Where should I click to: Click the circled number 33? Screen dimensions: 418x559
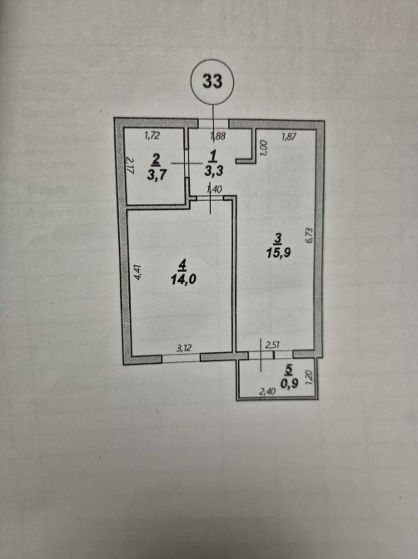pyautogui.click(x=212, y=81)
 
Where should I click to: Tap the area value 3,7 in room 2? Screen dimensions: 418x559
pyautogui.click(x=157, y=175)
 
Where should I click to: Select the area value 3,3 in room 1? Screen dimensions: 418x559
pyautogui.click(x=214, y=170)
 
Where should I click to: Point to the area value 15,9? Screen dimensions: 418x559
pyautogui.click(x=279, y=253)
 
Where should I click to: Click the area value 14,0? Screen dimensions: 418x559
pyautogui.click(x=183, y=279)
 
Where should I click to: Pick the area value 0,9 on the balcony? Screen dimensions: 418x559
pyautogui.click(x=289, y=383)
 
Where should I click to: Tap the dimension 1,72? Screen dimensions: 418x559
pyautogui.click(x=152, y=135)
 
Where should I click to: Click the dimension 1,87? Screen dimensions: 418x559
pyautogui.click(x=288, y=136)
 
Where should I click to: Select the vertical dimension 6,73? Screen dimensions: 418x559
pyautogui.click(x=309, y=235)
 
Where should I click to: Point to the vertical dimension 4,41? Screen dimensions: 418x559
pyautogui.click(x=138, y=271)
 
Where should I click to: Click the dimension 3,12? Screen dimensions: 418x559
pyautogui.click(x=184, y=348)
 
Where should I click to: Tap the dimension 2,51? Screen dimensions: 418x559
pyautogui.click(x=272, y=345)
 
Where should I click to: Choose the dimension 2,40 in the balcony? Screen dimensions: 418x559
pyautogui.click(x=267, y=392)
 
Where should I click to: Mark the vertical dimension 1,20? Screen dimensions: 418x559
pyautogui.click(x=309, y=376)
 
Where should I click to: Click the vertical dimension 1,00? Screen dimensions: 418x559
pyautogui.click(x=264, y=148)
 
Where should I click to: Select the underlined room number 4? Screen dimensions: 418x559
pyautogui.click(x=183, y=264)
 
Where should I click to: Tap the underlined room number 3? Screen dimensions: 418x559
pyautogui.click(x=278, y=238)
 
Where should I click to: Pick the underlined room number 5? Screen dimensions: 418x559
pyautogui.click(x=288, y=370)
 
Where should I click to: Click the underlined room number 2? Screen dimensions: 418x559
pyautogui.click(x=156, y=161)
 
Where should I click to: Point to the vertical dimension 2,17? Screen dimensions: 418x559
pyautogui.click(x=130, y=166)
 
